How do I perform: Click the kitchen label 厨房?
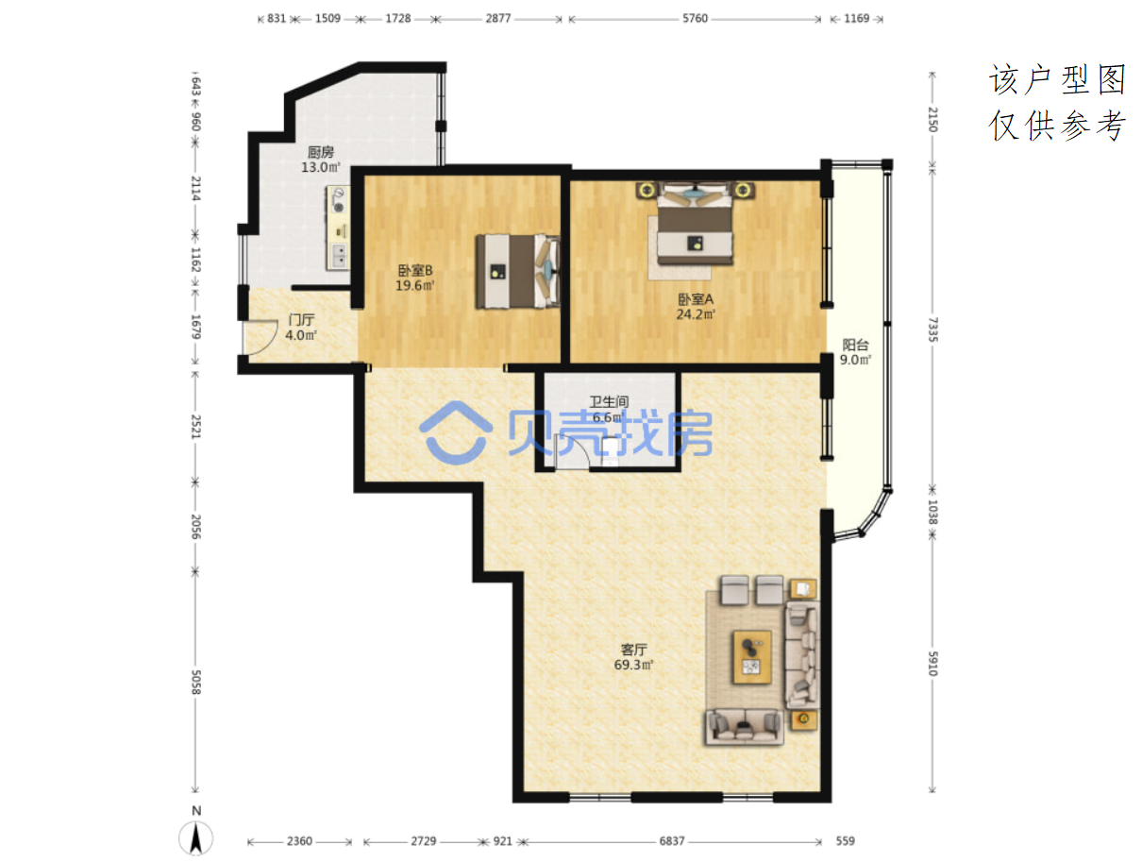coord(320,152)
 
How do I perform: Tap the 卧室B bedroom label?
coord(414,270)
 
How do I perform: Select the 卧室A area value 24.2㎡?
coord(695,313)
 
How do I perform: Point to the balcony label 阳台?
coord(855,345)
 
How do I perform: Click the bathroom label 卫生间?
coord(608,401)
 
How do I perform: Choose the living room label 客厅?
coord(633,650)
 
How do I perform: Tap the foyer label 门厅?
coord(301,319)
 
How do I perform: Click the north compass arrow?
coord(196,837)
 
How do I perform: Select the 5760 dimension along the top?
coord(695,19)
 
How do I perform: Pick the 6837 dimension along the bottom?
coord(671,841)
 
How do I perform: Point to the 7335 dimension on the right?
coord(932,330)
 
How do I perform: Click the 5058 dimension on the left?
coord(195,682)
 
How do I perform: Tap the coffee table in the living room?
coord(752,656)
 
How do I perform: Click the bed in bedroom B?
coord(518,271)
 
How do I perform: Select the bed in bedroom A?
coord(695,224)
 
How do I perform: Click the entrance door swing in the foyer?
coord(261,337)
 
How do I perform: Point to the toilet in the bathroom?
coord(611,450)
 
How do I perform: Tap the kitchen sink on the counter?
coord(338,256)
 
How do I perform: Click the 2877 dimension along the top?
coord(498,19)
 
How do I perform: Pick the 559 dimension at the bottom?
coord(845,841)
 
